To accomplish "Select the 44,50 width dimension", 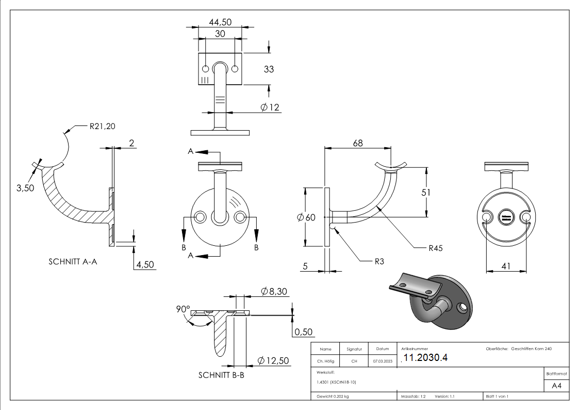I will [220, 22].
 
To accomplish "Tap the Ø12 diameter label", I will [270, 107].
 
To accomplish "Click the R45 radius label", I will [436, 248].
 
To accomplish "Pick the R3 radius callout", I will [379, 261].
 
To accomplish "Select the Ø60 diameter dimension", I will [306, 217].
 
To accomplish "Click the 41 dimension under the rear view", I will [505, 266].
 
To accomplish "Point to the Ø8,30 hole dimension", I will [274, 292].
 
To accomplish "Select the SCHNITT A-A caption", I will [73, 262].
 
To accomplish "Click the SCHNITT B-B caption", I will [221, 375].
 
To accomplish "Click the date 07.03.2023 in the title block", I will [382, 361].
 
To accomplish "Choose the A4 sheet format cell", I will [556, 386].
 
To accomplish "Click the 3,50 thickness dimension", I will [25, 188].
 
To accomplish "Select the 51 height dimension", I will [426, 192].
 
